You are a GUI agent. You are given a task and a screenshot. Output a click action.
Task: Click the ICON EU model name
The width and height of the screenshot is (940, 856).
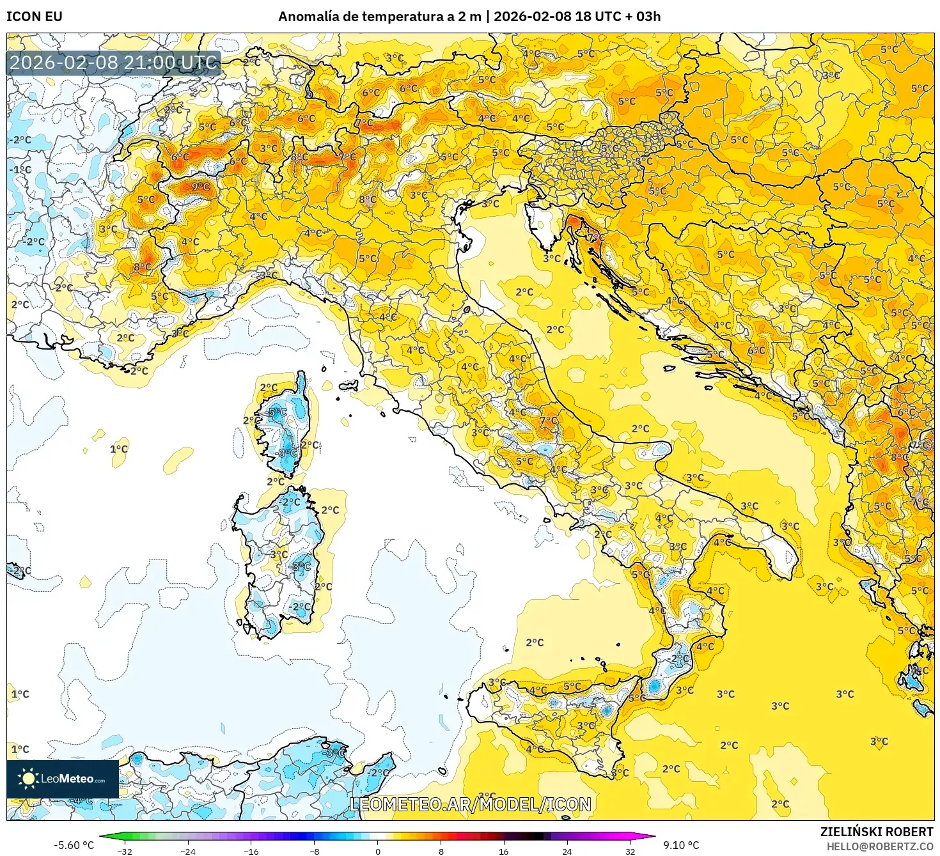click(35, 17)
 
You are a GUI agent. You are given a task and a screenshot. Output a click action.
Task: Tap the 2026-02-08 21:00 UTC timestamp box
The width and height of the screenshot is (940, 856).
click(114, 63)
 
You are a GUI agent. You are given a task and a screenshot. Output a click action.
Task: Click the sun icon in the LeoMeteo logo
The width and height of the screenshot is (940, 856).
click(28, 779)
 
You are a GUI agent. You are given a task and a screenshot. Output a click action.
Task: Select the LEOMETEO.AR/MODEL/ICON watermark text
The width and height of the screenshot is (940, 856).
click(470, 804)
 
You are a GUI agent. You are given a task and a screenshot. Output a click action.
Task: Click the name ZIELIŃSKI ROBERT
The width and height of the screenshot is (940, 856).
click(877, 832)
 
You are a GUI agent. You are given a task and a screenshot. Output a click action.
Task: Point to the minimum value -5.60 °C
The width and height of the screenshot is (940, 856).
click(74, 845)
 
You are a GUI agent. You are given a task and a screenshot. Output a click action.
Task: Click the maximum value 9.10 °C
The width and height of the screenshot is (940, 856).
click(681, 845)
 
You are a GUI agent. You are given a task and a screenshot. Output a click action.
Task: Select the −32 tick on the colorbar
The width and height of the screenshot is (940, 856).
click(125, 851)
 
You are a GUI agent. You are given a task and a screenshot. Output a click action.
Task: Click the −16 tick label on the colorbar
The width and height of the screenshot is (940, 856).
click(251, 851)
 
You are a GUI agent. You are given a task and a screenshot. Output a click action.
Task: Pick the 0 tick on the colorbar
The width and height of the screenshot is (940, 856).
click(378, 851)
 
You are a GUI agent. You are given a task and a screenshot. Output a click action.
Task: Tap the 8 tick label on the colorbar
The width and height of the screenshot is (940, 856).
click(441, 851)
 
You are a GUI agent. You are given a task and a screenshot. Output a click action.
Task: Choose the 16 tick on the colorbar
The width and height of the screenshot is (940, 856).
click(504, 851)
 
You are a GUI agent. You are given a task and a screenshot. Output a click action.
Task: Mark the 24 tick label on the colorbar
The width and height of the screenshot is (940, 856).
click(567, 851)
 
